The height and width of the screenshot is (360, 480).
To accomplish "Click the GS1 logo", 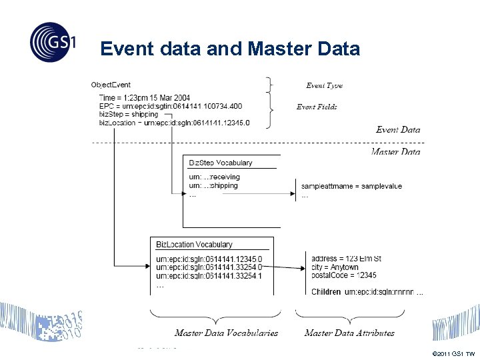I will click(53, 42).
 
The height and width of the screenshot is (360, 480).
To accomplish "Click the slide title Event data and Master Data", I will click(230, 49).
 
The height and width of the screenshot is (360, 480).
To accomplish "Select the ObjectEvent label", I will click(111, 85).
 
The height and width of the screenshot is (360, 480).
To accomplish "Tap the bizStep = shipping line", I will click(129, 115).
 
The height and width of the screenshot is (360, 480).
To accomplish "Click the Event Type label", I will click(324, 85).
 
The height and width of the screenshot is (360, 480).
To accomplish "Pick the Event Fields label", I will click(317, 107).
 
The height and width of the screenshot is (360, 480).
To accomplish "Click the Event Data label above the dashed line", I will click(398, 129).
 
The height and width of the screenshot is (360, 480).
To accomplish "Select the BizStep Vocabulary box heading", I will click(221, 163).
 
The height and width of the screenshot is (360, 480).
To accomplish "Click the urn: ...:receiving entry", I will click(214, 177).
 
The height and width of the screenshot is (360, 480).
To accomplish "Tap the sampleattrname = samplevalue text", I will click(351, 186).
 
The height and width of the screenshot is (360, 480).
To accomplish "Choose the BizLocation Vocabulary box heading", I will click(194, 245).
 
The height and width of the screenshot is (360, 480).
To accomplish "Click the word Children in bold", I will click(326, 292).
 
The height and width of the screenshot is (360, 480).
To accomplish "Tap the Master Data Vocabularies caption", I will click(226, 333).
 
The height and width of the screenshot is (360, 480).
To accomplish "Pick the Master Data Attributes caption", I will click(349, 333).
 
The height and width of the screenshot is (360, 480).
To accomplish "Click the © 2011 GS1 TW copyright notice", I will click(454, 353).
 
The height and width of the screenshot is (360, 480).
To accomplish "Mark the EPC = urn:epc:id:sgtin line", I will click(171, 107).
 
